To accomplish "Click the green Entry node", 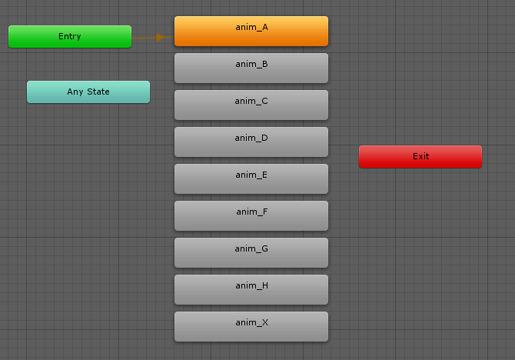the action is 70,36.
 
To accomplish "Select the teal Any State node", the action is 88,92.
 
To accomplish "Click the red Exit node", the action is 420,156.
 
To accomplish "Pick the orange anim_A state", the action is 251,32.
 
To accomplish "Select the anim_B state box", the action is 251,68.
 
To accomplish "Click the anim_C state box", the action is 251,105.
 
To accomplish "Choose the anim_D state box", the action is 251,142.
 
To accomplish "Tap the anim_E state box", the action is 251,179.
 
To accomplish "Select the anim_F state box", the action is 251,215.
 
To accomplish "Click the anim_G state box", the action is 251,252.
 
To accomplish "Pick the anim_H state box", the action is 251,290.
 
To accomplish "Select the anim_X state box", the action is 251,326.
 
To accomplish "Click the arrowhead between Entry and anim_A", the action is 161,38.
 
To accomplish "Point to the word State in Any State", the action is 98,92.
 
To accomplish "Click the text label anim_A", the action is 251,27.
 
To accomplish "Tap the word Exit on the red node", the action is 420,156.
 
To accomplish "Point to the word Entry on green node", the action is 70,36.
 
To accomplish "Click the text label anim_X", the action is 251,323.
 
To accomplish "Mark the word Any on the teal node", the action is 75,92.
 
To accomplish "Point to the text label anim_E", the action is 251,175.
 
